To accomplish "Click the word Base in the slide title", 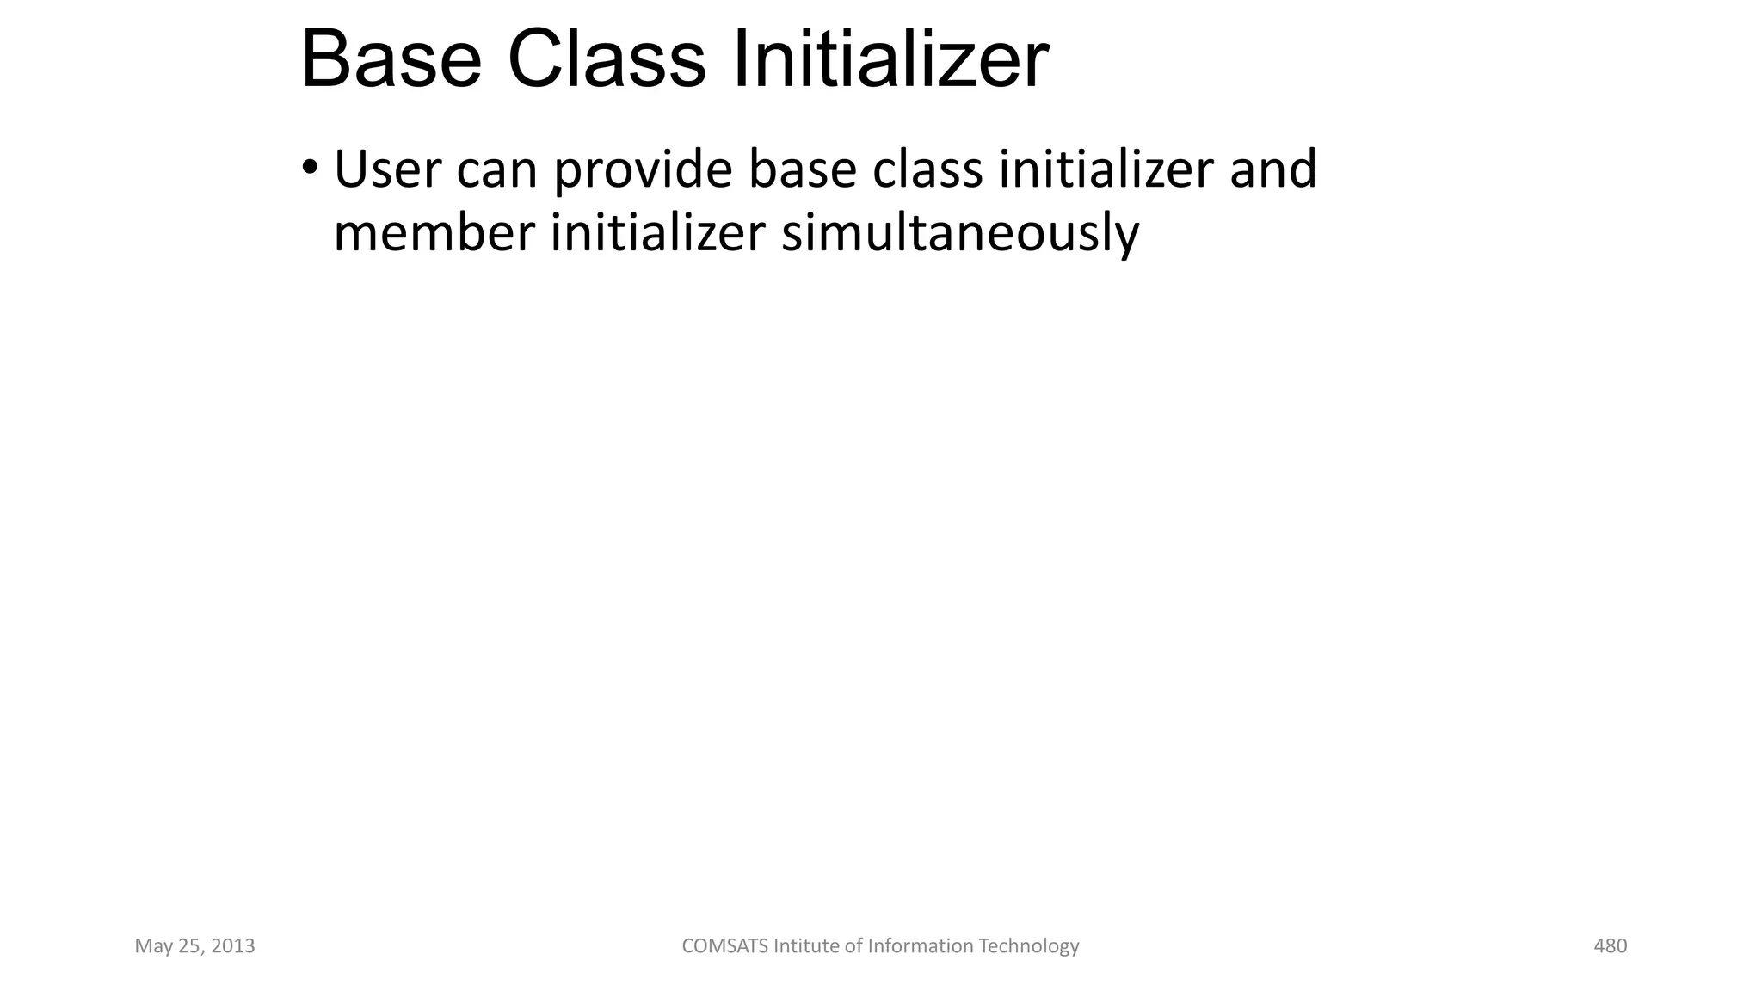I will [x=391, y=60].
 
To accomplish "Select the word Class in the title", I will [x=606, y=60].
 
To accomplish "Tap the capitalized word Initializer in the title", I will [x=890, y=60].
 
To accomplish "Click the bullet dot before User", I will [x=310, y=166].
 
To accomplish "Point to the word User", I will [x=386, y=169].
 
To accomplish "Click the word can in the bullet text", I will [x=496, y=169].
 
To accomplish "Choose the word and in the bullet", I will [x=1272, y=169].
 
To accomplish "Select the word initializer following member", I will [x=657, y=233].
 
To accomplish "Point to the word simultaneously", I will [x=959, y=235].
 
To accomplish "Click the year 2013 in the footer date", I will [x=232, y=946].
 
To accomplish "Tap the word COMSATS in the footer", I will [x=724, y=946].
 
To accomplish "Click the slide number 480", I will [x=1610, y=946].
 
